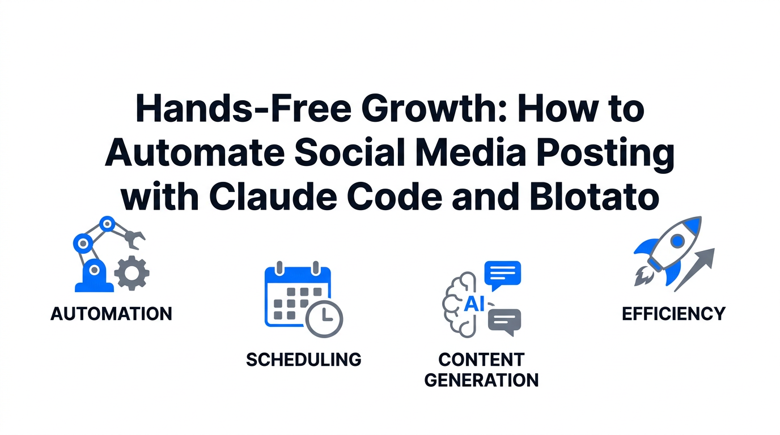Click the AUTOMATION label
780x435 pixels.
coord(111,314)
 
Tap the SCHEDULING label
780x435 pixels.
coord(303,359)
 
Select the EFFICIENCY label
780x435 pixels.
coord(673,314)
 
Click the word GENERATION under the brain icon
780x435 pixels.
coord(481,379)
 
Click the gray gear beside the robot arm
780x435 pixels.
coord(132,274)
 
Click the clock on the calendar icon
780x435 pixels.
coord(324,318)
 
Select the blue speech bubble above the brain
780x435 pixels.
coord(502,274)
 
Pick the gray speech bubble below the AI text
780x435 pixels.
coord(504,321)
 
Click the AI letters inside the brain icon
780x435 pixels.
coord(474,304)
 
